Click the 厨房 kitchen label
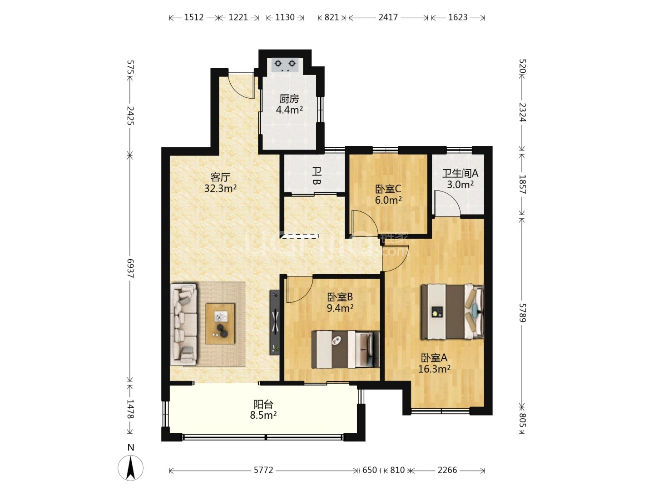pyautogui.click(x=289, y=99)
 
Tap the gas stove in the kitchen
pyautogui.click(x=285, y=65)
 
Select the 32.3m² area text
pyautogui.click(x=220, y=189)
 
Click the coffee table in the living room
pyautogui.click(x=220, y=324)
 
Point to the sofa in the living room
pyautogui.click(x=183, y=324)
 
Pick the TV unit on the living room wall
pyautogui.click(x=275, y=322)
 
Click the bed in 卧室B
pyautogui.click(x=346, y=350)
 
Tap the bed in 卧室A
pyautogui.click(x=452, y=312)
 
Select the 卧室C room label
pyautogui.click(x=388, y=189)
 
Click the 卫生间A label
pyautogui.click(x=460, y=173)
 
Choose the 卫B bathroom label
pyautogui.click(x=316, y=176)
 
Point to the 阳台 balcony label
pyautogui.click(x=263, y=405)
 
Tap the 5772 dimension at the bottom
pyautogui.click(x=263, y=470)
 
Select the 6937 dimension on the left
pyautogui.click(x=130, y=268)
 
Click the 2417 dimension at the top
pyautogui.click(x=388, y=17)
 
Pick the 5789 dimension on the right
pyautogui.click(x=522, y=313)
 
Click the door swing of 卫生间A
pyautogui.click(x=447, y=203)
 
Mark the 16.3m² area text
pyautogui.click(x=434, y=369)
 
